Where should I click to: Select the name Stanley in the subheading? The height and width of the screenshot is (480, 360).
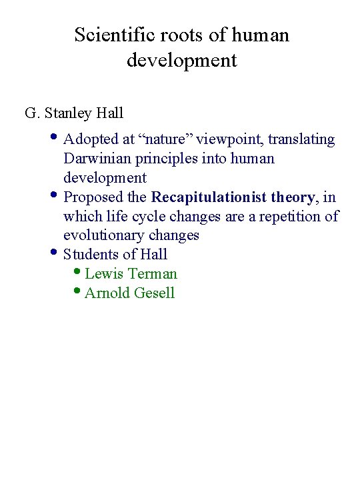(70, 113)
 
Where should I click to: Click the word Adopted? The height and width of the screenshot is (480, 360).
(91, 139)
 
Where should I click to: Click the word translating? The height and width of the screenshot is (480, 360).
(301, 139)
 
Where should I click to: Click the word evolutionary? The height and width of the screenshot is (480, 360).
(105, 235)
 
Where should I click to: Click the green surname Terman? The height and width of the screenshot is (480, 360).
(153, 274)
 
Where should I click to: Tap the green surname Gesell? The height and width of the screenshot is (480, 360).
(153, 293)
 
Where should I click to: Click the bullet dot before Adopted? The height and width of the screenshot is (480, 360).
(54, 138)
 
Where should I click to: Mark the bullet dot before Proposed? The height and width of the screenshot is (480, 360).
(54, 196)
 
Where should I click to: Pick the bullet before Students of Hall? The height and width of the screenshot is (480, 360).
(54, 253)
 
